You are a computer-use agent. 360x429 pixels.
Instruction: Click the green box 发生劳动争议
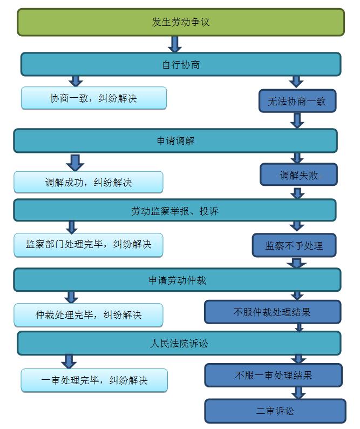(x=180, y=22)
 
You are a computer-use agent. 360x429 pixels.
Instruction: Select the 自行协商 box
(x=180, y=64)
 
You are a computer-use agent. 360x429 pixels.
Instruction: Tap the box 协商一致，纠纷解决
(x=93, y=98)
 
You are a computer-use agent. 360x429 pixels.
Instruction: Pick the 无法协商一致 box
(x=297, y=101)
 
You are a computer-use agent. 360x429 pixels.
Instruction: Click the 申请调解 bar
(x=175, y=140)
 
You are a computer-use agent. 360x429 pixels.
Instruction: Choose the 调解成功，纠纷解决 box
(x=88, y=182)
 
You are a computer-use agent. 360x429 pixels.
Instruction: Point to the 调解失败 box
(x=298, y=175)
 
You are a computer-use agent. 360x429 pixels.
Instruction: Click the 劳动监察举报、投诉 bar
(x=174, y=211)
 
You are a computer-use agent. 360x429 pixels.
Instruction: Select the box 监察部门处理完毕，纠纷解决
(x=88, y=244)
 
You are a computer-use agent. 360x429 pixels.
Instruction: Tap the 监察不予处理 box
(x=294, y=245)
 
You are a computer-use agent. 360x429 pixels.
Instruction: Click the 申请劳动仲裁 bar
(x=177, y=280)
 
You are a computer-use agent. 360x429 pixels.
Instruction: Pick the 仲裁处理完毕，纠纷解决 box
(x=88, y=314)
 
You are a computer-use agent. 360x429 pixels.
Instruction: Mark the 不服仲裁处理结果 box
(x=272, y=312)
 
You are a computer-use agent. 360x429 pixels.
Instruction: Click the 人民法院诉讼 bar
(x=179, y=343)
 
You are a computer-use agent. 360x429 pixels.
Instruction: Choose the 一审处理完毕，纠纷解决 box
(x=94, y=380)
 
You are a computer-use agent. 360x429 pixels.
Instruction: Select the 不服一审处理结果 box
(x=273, y=375)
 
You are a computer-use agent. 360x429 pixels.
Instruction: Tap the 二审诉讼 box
(x=275, y=411)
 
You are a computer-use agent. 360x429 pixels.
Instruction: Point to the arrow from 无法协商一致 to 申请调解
(x=297, y=120)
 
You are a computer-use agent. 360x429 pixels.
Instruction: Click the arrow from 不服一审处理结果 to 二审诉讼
(x=298, y=393)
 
